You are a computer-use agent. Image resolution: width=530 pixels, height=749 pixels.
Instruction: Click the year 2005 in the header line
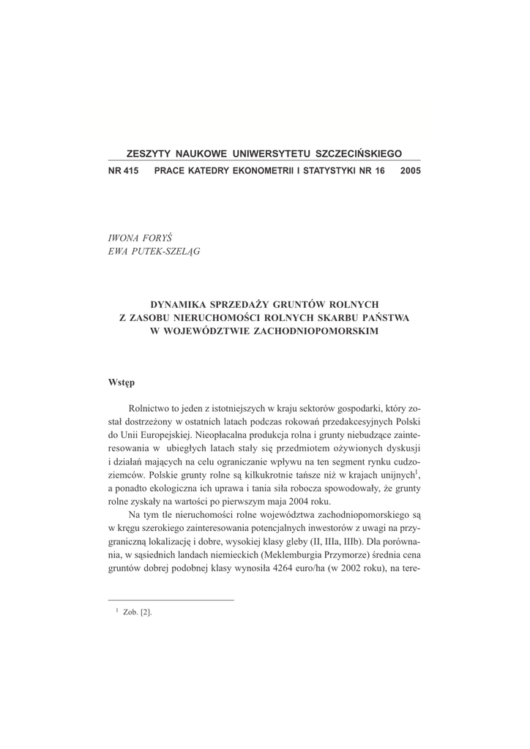(x=411, y=170)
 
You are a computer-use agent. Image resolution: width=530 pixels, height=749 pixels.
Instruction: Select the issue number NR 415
(x=123, y=170)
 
